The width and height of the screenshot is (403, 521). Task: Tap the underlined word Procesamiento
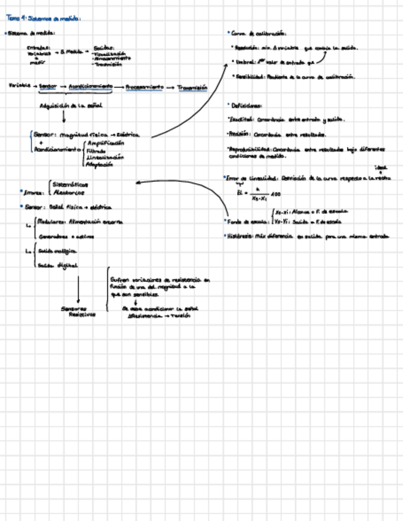click(144, 87)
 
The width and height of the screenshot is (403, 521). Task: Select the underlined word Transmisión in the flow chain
click(192, 88)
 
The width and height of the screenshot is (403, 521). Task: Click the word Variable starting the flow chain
click(19, 87)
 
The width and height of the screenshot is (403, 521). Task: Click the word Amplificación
click(105, 143)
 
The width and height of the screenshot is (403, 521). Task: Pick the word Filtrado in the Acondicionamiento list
click(96, 150)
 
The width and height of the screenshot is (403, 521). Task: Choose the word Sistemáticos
click(71, 184)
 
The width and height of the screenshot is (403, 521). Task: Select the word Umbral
click(243, 61)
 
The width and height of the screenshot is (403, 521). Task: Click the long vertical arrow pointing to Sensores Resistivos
click(78, 289)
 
